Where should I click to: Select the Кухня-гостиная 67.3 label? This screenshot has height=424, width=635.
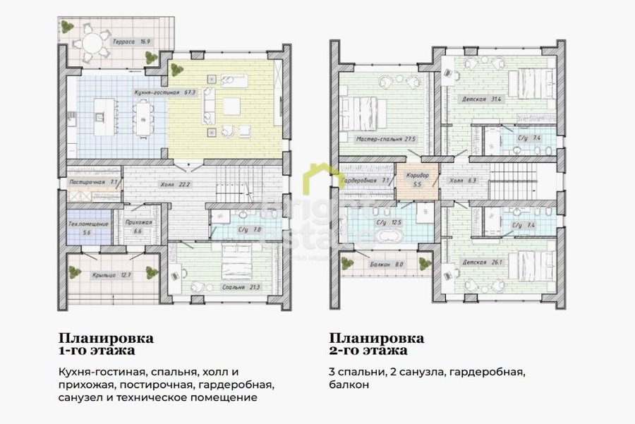(x=159, y=92)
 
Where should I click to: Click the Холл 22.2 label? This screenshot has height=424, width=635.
(x=174, y=184)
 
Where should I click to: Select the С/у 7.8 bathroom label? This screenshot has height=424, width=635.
(x=251, y=229)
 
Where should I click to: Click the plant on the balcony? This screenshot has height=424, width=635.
(x=348, y=263)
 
